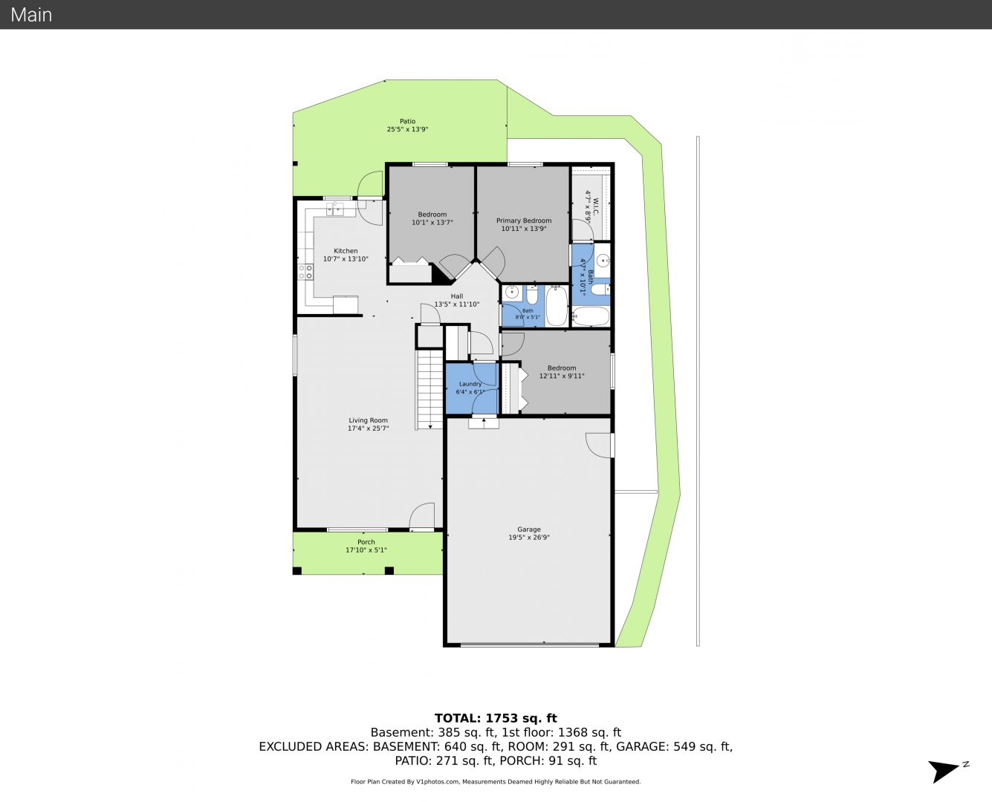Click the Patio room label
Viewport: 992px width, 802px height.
[407, 121]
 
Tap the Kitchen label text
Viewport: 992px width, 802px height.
[346, 251]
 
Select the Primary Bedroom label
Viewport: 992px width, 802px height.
[523, 221]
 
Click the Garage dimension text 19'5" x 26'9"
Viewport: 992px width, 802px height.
[528, 538]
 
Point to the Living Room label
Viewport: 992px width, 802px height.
[368, 420]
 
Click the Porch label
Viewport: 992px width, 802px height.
[366, 542]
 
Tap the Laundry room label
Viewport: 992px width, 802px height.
[470, 384]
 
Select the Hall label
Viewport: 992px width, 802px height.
[457, 296]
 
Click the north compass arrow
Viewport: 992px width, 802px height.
[943, 770]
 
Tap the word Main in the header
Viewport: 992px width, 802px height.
[31, 15]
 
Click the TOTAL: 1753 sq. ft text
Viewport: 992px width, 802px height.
[496, 718]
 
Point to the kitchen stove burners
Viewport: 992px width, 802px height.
[305, 272]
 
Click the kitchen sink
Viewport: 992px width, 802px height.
[335, 209]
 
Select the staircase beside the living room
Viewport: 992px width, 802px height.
[429, 389]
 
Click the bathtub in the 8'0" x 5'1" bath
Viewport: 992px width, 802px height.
[557, 306]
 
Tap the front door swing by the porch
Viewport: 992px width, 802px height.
[422, 516]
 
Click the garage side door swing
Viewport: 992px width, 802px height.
[598, 446]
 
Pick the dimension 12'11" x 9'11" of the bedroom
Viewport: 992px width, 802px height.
[562, 376]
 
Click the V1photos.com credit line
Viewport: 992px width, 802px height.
[496, 781]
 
